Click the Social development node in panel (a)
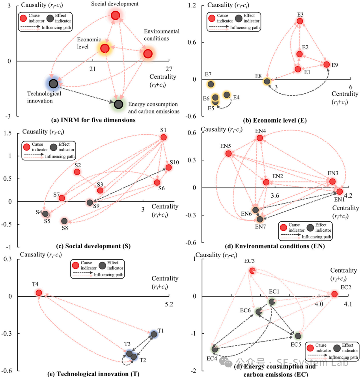pyautogui.click(x=115, y=15)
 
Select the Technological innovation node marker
pyautogui.click(x=54, y=84)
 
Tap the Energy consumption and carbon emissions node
pyautogui.click(x=118, y=104)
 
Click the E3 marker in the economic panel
pyautogui.click(x=300, y=21)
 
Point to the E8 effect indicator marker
pyautogui.click(x=267, y=81)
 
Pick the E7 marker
pyautogui.click(x=211, y=84)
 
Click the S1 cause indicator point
pyautogui.click(x=164, y=137)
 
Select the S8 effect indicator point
pyautogui.click(x=64, y=221)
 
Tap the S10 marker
pyautogui.click(x=169, y=167)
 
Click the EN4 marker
pyautogui.click(x=260, y=138)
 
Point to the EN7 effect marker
pyautogui.click(x=260, y=219)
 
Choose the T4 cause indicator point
pyautogui.click(x=39, y=293)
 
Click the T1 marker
pyautogui.click(x=154, y=334)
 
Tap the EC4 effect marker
pyautogui.click(x=215, y=349)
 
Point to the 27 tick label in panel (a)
pyautogui.click(x=168, y=69)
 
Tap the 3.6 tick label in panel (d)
pyautogui.click(x=274, y=195)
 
